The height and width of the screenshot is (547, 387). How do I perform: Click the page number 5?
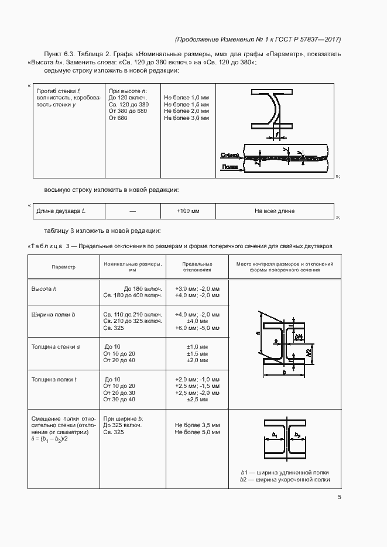[340, 497]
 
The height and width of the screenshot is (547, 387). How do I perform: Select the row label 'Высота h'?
[44, 289]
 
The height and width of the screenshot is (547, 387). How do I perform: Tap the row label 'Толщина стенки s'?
[55, 347]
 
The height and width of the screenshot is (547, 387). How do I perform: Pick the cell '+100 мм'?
[188, 211]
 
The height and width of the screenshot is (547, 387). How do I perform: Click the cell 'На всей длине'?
[275, 211]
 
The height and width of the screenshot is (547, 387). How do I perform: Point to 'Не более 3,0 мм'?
[186, 118]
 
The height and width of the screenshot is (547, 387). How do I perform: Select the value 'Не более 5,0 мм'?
[197, 432]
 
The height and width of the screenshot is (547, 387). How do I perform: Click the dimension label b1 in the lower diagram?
[275, 435]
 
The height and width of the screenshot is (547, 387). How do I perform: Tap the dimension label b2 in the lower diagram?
[297, 435]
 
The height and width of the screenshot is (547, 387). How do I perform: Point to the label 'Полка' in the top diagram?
[229, 167]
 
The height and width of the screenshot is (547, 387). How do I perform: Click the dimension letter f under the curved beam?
[276, 135]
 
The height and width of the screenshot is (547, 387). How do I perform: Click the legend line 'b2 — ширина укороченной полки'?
[285, 480]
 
